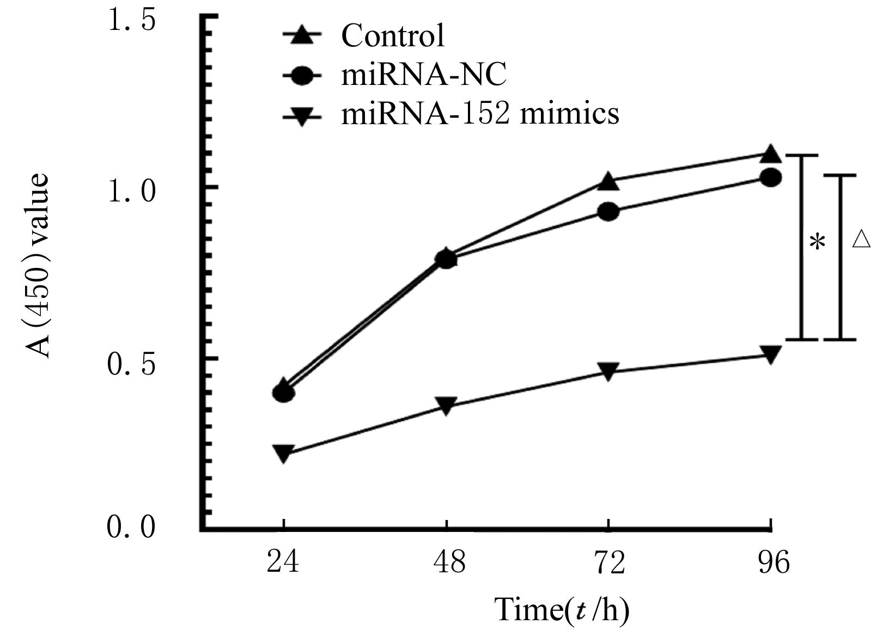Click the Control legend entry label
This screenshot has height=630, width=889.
[392, 36]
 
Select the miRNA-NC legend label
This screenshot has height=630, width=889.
[424, 75]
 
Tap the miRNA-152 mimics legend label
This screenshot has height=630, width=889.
[480, 114]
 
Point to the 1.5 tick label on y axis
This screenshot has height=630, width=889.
[132, 21]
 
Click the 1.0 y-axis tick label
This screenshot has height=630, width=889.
[132, 191]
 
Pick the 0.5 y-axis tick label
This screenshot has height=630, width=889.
[132, 363]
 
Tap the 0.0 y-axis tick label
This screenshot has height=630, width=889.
[132, 527]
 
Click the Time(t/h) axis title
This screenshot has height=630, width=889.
[562, 609]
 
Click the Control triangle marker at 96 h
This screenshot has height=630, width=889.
[770, 155]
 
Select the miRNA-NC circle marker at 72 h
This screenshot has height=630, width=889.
[608, 211]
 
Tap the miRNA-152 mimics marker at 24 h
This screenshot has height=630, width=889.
[283, 452]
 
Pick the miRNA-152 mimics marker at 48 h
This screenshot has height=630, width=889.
[446, 405]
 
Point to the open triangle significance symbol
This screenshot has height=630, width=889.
[861, 239]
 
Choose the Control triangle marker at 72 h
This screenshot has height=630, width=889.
[608, 181]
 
